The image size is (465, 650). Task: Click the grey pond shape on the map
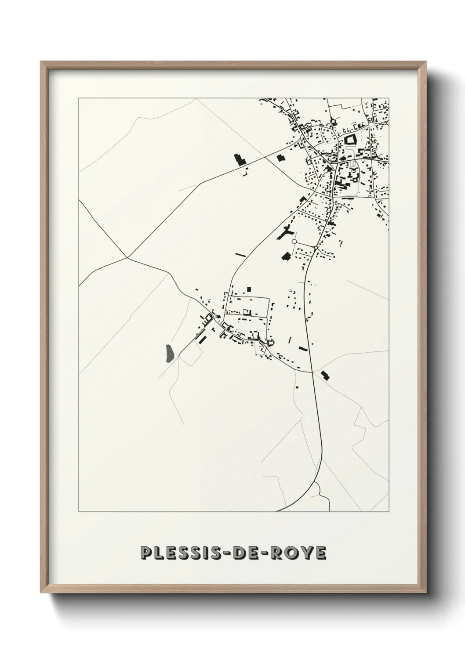click(x=169, y=354)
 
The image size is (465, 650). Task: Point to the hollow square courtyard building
click(x=350, y=141)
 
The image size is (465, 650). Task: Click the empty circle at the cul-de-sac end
click(x=294, y=242)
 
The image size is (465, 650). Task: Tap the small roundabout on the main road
click(x=316, y=248)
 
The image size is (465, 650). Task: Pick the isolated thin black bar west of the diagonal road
click(x=241, y=254)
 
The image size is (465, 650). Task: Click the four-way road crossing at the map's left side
click(x=127, y=258)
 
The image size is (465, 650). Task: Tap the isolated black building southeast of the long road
click(x=325, y=375)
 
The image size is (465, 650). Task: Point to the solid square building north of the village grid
click(x=249, y=289)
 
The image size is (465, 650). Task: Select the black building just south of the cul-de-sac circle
click(x=286, y=256)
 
